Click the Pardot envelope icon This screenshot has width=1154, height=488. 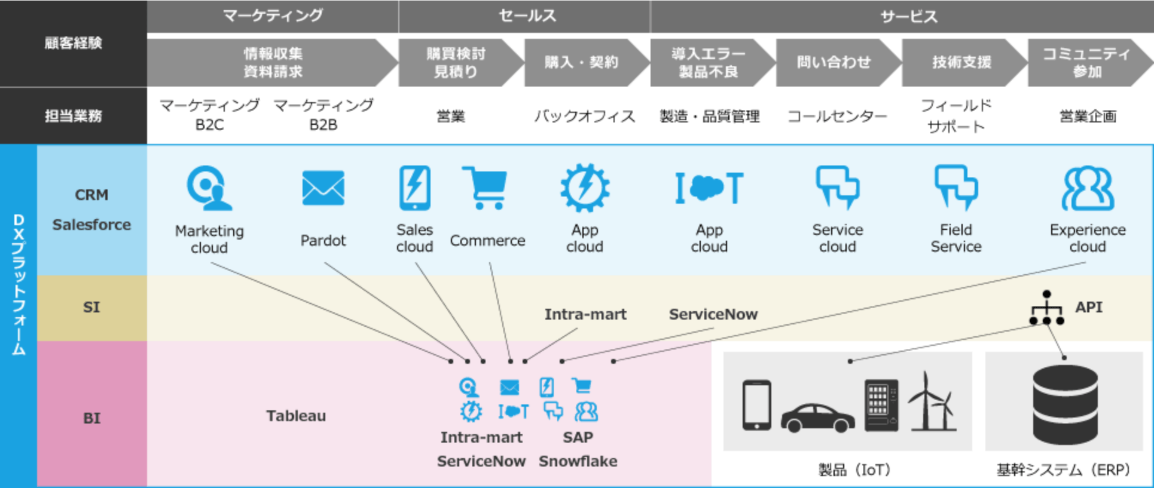(x=323, y=188)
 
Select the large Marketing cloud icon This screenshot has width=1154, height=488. (x=208, y=188)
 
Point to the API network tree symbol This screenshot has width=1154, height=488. (x=1046, y=308)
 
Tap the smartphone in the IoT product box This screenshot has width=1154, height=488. (x=756, y=405)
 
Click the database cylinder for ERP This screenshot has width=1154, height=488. (x=1065, y=404)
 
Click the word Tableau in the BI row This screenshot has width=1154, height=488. (x=296, y=416)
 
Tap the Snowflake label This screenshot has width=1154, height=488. (x=578, y=461)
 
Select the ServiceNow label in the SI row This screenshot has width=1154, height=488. (x=713, y=314)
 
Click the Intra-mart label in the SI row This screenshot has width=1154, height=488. (x=585, y=314)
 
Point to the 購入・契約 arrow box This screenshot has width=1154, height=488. (x=581, y=62)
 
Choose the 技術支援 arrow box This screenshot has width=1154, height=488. (x=961, y=62)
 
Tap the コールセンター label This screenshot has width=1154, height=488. (x=837, y=116)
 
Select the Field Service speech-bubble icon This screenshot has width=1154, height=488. (x=955, y=187)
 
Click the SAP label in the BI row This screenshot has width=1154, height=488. (x=578, y=437)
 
